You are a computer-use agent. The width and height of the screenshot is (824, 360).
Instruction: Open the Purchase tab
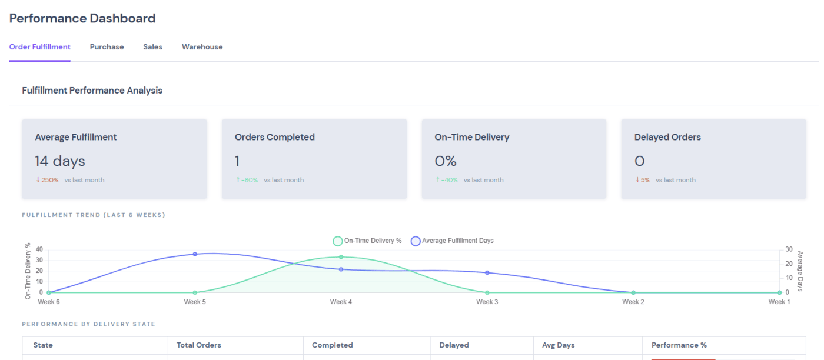(x=107, y=47)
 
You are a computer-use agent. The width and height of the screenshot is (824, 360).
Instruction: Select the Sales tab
(x=152, y=47)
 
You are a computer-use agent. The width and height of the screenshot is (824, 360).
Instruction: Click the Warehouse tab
(x=202, y=47)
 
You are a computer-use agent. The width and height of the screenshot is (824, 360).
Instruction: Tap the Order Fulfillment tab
(x=39, y=47)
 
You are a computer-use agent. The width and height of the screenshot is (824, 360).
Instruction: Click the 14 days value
(x=59, y=161)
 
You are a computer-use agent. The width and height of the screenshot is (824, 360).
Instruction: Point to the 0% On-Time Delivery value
(x=446, y=161)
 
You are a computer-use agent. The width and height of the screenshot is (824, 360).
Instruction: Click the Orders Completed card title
(x=274, y=137)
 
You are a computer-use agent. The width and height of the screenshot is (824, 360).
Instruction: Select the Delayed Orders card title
(x=667, y=137)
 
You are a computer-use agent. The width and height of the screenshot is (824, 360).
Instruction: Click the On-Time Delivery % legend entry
(x=367, y=241)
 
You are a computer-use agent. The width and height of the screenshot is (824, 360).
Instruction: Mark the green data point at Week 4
(x=341, y=257)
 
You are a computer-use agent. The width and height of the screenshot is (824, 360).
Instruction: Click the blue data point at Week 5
(x=195, y=254)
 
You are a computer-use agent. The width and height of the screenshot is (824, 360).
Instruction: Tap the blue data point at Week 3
(x=487, y=272)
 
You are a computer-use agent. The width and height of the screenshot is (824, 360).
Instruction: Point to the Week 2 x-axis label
(x=633, y=302)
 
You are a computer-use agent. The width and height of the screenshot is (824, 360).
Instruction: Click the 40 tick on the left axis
(x=39, y=249)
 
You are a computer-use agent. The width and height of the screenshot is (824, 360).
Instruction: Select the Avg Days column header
(x=557, y=345)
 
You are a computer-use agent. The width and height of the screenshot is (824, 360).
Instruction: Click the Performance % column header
(x=679, y=345)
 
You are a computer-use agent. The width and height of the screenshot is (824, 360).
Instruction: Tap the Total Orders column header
(x=199, y=345)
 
